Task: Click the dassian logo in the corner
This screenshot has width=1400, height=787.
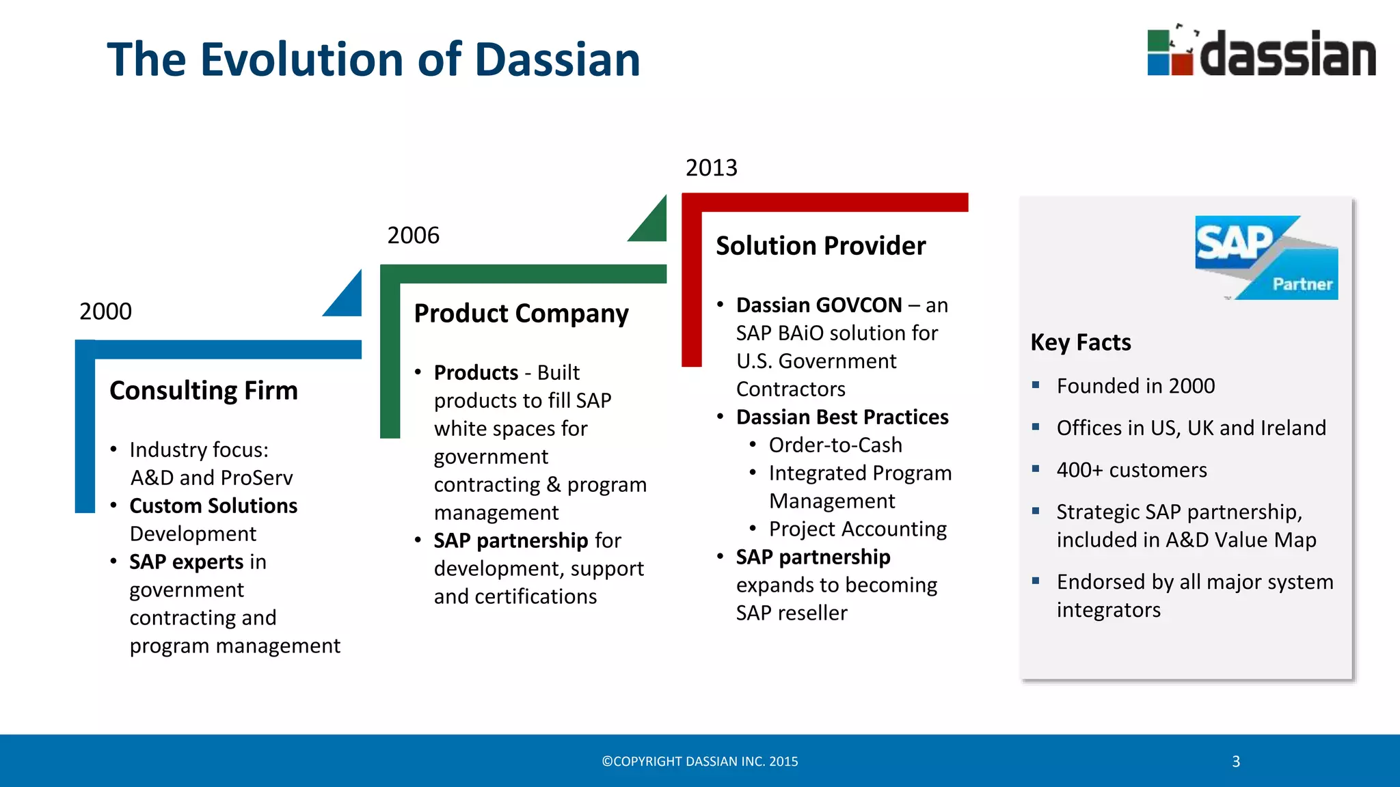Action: coord(1261,53)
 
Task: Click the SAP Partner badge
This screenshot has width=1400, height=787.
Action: coord(1266,258)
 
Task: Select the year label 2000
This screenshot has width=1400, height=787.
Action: coord(105,312)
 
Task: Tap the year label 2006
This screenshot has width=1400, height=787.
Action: coord(413,236)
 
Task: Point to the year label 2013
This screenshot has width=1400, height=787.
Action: coord(711,168)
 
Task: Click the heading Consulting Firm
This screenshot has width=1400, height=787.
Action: coord(204,391)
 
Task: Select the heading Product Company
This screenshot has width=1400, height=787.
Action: coord(521,314)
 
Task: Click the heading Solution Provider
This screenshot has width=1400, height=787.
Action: coord(820,246)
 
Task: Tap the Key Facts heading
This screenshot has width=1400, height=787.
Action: coord(1080,342)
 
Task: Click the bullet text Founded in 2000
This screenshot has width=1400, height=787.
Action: coord(1135,386)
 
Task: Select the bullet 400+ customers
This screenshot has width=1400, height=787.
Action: coord(1131,470)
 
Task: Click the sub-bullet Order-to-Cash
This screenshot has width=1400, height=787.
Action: coord(835,445)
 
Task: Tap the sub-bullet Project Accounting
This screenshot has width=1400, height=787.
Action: coord(857,529)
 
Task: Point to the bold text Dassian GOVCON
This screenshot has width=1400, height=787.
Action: coord(819,305)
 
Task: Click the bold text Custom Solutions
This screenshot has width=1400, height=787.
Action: coord(213,506)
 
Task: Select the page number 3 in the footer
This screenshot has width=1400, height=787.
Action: coord(1236,762)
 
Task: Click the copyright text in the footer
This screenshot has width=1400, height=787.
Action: coord(699,762)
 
